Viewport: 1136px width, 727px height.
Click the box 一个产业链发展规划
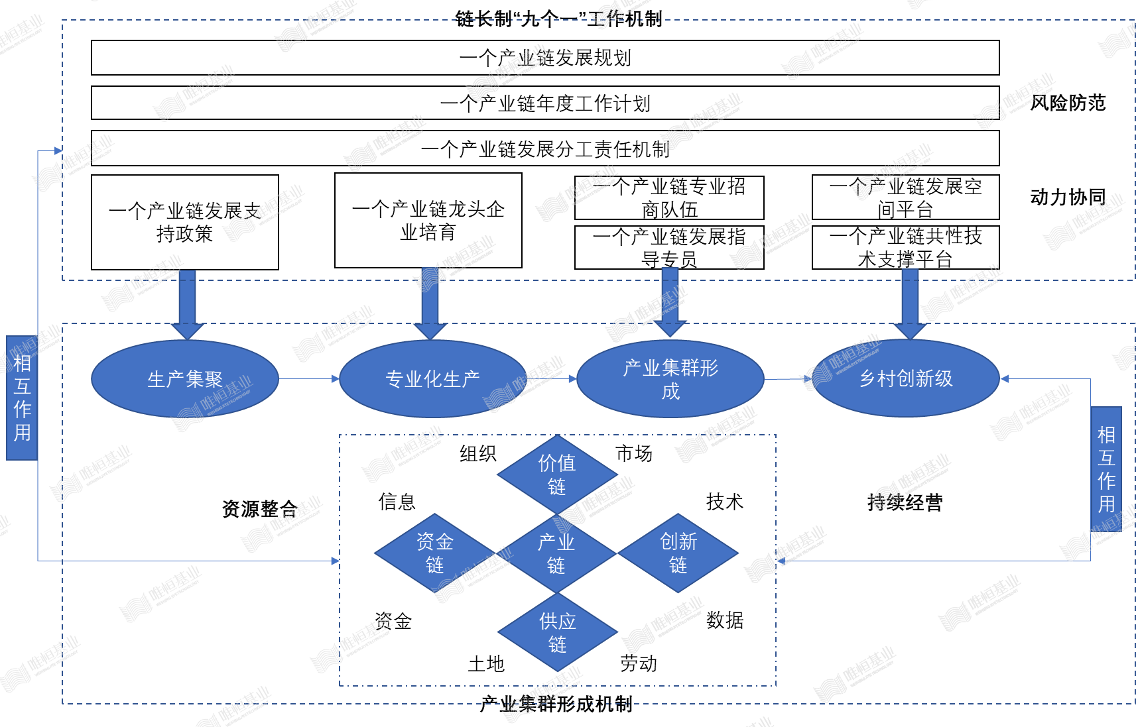[545, 58]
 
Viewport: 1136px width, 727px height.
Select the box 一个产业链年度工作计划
[545, 103]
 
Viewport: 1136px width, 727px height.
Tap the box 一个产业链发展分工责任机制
[545, 148]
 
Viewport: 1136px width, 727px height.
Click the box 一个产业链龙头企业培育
[428, 221]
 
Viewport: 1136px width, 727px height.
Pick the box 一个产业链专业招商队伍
[669, 197]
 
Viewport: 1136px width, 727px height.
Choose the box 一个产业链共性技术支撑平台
[905, 247]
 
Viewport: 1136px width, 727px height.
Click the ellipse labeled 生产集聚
[185, 379]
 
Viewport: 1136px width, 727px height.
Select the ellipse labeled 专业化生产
[432, 379]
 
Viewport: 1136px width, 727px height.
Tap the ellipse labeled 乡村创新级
[906, 378]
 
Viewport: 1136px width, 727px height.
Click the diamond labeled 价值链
[557, 475]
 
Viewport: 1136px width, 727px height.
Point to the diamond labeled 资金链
[434, 553]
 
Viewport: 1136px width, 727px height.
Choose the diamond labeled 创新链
[678, 553]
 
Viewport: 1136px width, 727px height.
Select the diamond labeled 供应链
[557, 632]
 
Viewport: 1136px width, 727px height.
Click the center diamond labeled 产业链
[556, 553]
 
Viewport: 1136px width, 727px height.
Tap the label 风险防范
[1068, 103]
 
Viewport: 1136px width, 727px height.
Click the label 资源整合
[259, 508]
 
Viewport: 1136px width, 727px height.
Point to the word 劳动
[638, 663]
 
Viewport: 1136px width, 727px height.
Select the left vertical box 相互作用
[22, 398]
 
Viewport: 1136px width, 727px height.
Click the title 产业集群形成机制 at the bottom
[556, 704]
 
